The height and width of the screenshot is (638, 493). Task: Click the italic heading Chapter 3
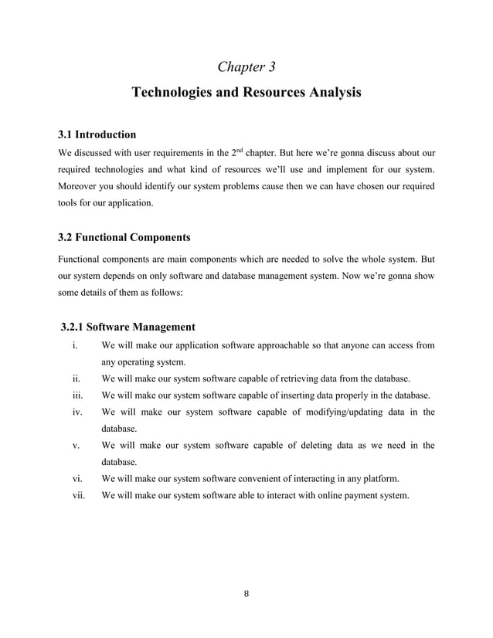[246, 66]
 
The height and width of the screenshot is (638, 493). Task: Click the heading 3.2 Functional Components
[124, 236]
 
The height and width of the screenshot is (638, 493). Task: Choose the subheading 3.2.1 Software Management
[127, 327]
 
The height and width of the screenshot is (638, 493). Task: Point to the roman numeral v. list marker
[76, 445]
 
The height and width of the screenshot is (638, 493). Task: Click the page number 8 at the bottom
[246, 594]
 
